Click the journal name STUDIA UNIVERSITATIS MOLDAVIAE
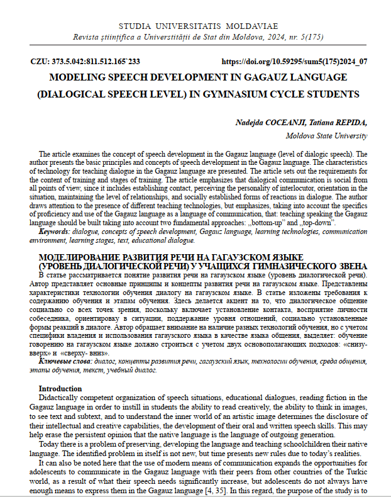(x=195, y=26)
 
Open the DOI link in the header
(x=295, y=62)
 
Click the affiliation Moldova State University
(x=327, y=135)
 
